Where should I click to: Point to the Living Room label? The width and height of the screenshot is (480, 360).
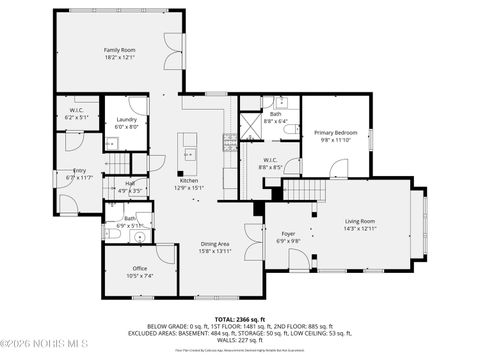360,224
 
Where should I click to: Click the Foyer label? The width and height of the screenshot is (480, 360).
287,236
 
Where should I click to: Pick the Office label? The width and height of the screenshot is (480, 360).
140,271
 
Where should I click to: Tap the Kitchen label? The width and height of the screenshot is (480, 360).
188,183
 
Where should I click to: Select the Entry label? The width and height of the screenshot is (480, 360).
78,174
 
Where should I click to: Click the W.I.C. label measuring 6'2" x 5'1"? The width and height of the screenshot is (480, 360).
76,113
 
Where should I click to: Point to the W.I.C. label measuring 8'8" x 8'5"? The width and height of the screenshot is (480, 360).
270,163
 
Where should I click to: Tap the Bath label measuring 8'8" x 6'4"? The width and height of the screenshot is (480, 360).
274,117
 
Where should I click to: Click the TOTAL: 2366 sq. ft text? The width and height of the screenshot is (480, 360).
239,319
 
